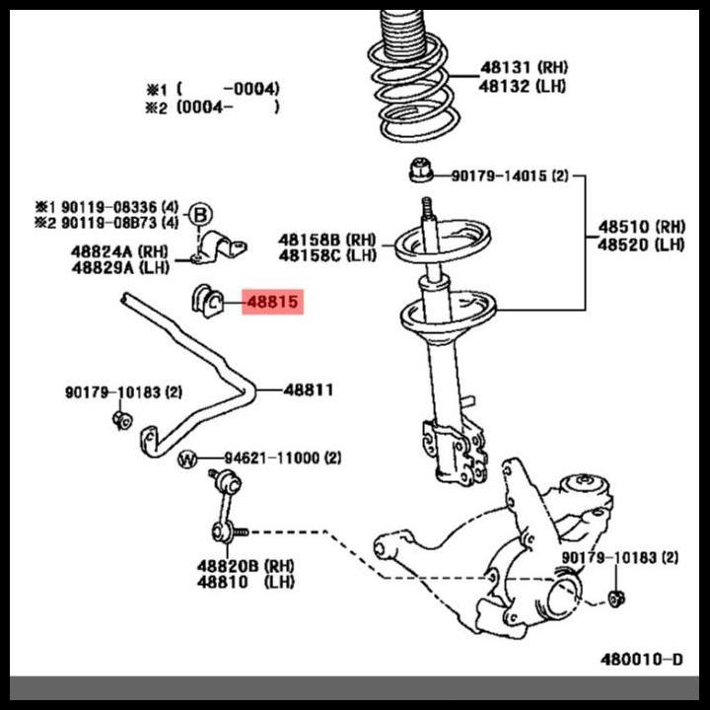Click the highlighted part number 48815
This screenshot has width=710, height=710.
(x=272, y=302)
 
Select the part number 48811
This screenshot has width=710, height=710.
(x=309, y=390)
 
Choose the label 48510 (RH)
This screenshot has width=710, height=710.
(x=640, y=226)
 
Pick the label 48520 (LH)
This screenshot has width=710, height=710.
(x=640, y=244)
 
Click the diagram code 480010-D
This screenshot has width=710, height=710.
(x=641, y=659)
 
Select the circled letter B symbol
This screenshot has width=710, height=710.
(x=200, y=214)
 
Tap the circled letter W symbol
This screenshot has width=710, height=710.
(x=188, y=459)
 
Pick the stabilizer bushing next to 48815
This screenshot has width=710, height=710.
(x=207, y=299)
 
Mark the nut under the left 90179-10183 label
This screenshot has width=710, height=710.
(x=121, y=420)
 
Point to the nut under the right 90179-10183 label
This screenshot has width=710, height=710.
(x=617, y=598)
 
